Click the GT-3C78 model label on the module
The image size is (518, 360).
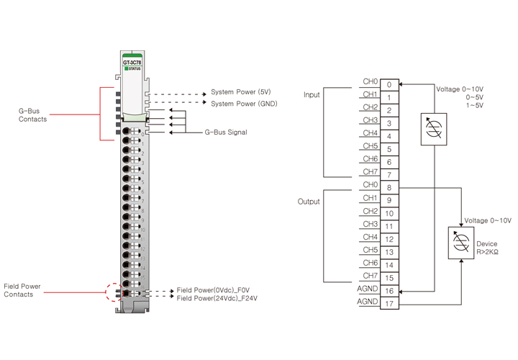[132, 63]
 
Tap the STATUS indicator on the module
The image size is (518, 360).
[132, 68]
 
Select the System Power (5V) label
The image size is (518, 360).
[240, 93]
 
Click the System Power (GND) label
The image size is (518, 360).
[244, 104]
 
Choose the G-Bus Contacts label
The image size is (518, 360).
[33, 115]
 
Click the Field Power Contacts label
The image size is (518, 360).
[22, 290]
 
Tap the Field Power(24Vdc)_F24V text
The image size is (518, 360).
[218, 297]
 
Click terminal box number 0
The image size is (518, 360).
[388, 85]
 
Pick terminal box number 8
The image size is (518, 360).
[388, 188]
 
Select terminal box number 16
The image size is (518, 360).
[388, 291]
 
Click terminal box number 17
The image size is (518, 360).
[388, 304]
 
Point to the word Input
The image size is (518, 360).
[312, 95]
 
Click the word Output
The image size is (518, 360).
[309, 202]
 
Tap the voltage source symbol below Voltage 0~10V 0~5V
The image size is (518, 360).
[434, 129]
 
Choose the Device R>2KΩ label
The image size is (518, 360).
[487, 248]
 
